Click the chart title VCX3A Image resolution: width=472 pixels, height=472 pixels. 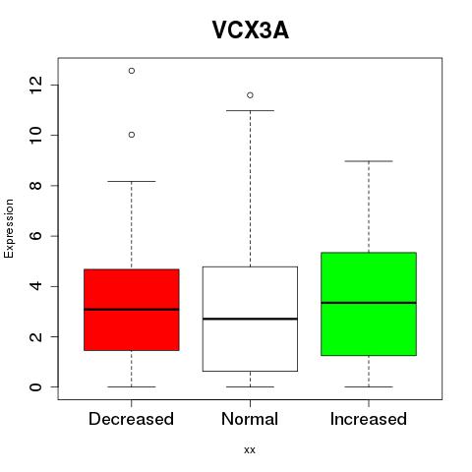pyautogui.click(x=251, y=30)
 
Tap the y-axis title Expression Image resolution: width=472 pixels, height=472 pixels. pyautogui.click(x=9, y=228)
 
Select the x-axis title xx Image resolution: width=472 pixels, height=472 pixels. pyautogui.click(x=250, y=450)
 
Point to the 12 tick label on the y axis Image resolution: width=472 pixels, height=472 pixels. pyautogui.click(x=35, y=85)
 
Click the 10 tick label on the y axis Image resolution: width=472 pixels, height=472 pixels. pyautogui.click(x=35, y=135)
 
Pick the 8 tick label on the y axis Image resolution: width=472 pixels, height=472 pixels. pyautogui.click(x=35, y=186)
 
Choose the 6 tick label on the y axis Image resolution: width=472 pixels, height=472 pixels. pyautogui.click(x=35, y=236)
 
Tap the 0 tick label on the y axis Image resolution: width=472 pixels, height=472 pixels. pyautogui.click(x=35, y=387)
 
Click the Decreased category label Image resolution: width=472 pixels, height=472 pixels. pyautogui.click(x=131, y=419)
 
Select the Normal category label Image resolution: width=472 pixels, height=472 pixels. pyautogui.click(x=250, y=419)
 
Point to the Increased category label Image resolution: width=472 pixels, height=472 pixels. pyautogui.click(x=369, y=419)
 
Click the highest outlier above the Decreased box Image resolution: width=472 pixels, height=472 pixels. pyautogui.click(x=132, y=71)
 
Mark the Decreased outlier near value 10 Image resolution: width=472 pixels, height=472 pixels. pyautogui.click(x=132, y=135)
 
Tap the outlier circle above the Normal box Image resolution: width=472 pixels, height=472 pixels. pyautogui.click(x=250, y=95)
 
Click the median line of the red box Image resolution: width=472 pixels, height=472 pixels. pyautogui.click(x=132, y=309)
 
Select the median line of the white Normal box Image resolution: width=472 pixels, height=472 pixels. pyautogui.click(x=250, y=319)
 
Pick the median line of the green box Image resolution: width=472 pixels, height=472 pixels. pyautogui.click(x=369, y=303)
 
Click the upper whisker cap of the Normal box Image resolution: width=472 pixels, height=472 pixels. pyautogui.click(x=250, y=111)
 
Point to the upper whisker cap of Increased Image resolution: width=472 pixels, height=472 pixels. pyautogui.click(x=369, y=161)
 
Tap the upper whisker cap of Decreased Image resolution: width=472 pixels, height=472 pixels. pyautogui.click(x=132, y=181)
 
